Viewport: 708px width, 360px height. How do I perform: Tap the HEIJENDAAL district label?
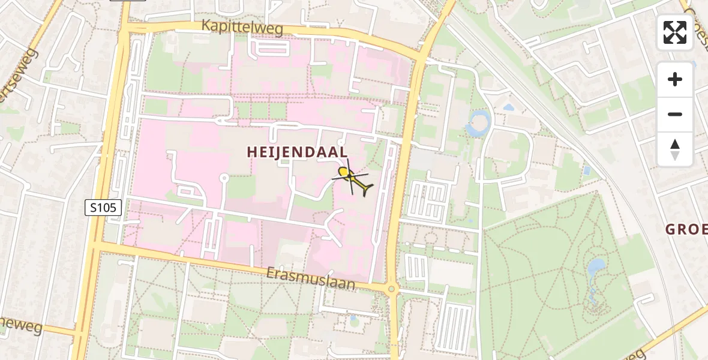pyautogui.click(x=297, y=152)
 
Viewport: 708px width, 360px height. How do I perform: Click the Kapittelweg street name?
pyautogui.click(x=242, y=27)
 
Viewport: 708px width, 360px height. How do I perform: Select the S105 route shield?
pyautogui.click(x=104, y=208)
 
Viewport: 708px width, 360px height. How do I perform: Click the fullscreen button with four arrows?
pyautogui.click(x=675, y=32)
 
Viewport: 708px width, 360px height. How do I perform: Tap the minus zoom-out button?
pyautogui.click(x=675, y=114)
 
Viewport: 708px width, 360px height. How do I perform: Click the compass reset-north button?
pyautogui.click(x=675, y=149)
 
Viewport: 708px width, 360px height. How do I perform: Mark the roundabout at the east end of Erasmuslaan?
pyautogui.click(x=392, y=289)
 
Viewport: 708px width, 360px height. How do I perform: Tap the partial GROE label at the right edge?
pyautogui.click(x=686, y=229)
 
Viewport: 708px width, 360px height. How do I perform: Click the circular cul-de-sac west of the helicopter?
pyautogui.click(x=224, y=178)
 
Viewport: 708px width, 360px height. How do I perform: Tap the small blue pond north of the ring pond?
pyautogui.click(x=509, y=107)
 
